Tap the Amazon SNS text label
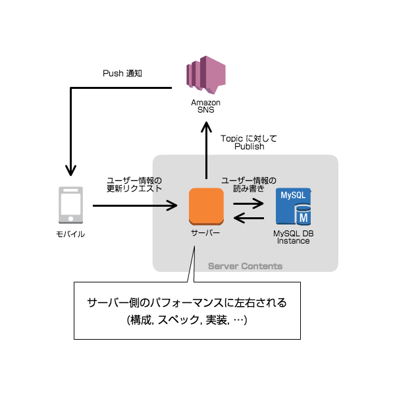click(x=205, y=106)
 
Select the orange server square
click(x=206, y=206)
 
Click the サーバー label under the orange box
click(x=206, y=233)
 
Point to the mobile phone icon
click(x=70, y=205)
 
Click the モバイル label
click(x=70, y=234)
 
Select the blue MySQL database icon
click(x=294, y=207)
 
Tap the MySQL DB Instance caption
click(x=294, y=237)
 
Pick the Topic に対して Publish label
click(x=249, y=142)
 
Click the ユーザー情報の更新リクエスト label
click(x=134, y=184)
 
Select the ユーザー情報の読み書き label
click(x=249, y=184)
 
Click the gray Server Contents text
click(x=245, y=266)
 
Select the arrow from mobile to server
click(x=135, y=206)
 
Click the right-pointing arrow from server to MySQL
click(x=249, y=202)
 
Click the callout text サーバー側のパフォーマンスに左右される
click(x=187, y=303)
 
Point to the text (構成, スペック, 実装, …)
click(x=187, y=320)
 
